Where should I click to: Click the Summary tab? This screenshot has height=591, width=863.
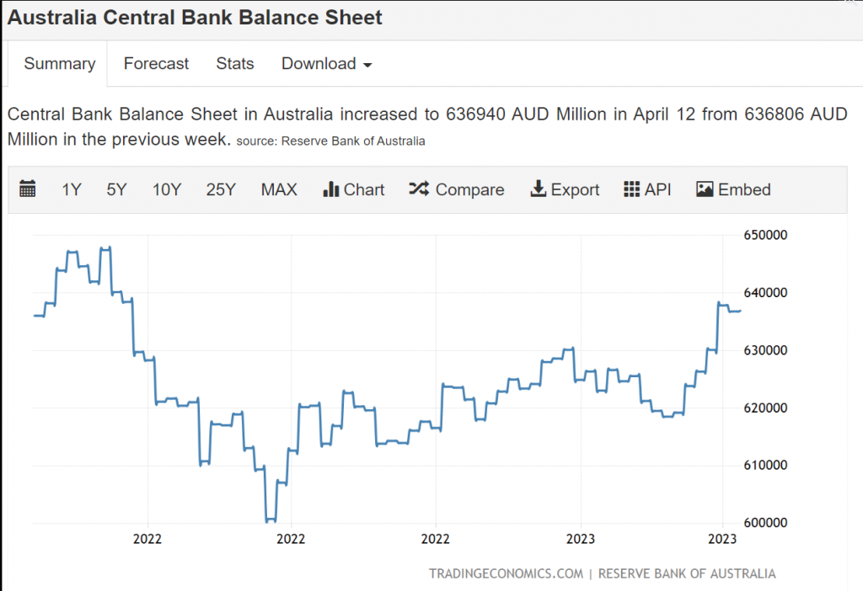(59, 64)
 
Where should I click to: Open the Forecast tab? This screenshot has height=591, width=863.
(156, 64)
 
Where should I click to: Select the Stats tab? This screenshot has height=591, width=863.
(234, 64)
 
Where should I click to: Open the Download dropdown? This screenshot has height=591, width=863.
(326, 64)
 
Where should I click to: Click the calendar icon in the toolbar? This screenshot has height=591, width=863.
(28, 189)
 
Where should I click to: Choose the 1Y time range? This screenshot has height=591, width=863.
(72, 189)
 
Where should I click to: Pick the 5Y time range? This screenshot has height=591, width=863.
(116, 189)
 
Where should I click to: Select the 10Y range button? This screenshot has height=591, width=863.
(166, 189)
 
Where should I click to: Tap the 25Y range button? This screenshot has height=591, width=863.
(220, 189)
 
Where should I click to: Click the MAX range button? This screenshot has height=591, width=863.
(279, 189)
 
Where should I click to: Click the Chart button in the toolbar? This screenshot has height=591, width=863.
(354, 189)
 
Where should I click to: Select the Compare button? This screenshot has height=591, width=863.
(457, 189)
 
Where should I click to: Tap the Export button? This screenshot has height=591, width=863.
(565, 189)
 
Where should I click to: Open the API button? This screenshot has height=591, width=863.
(647, 189)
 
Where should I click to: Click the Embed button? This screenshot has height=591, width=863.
(733, 189)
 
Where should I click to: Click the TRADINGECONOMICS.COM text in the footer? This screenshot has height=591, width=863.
(506, 574)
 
